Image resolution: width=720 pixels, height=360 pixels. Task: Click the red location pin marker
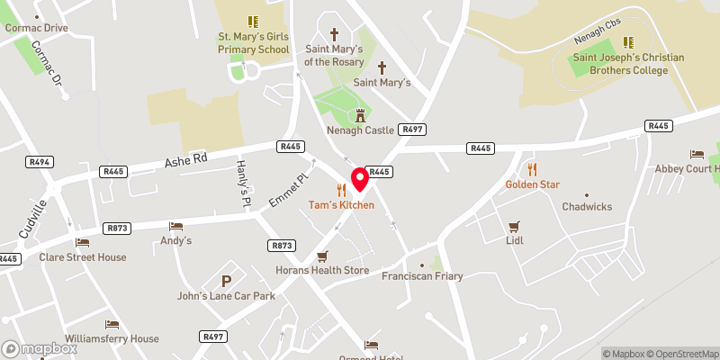pyautogui.click(x=360, y=178)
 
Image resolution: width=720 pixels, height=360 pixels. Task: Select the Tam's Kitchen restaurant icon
pyautogui.click(x=340, y=190)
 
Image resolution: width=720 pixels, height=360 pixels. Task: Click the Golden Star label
pyautogui.click(x=532, y=184)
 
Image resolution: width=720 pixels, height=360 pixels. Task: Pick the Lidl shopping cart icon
pyautogui.click(x=515, y=226)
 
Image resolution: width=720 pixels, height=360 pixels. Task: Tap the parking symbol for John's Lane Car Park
pyautogui.click(x=226, y=282)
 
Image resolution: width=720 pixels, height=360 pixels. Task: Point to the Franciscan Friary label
pyautogui.click(x=422, y=275)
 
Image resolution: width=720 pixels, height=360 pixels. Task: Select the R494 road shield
pyautogui.click(x=39, y=162)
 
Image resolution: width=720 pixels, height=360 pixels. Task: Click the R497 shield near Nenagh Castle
pyautogui.click(x=413, y=130)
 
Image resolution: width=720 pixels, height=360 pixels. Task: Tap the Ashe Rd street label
pyautogui.click(x=185, y=159)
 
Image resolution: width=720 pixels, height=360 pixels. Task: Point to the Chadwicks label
pyautogui.click(x=587, y=206)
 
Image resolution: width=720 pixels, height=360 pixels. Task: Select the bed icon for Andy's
pyautogui.click(x=175, y=226)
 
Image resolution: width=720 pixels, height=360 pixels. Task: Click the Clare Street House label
pyautogui.click(x=82, y=256)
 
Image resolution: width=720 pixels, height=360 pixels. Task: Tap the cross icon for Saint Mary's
pyautogui.click(x=382, y=67)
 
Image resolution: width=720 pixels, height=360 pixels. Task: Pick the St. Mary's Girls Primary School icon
pyautogui.click(x=253, y=21)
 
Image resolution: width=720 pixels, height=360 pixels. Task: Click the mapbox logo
pyautogui.click(x=40, y=348)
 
